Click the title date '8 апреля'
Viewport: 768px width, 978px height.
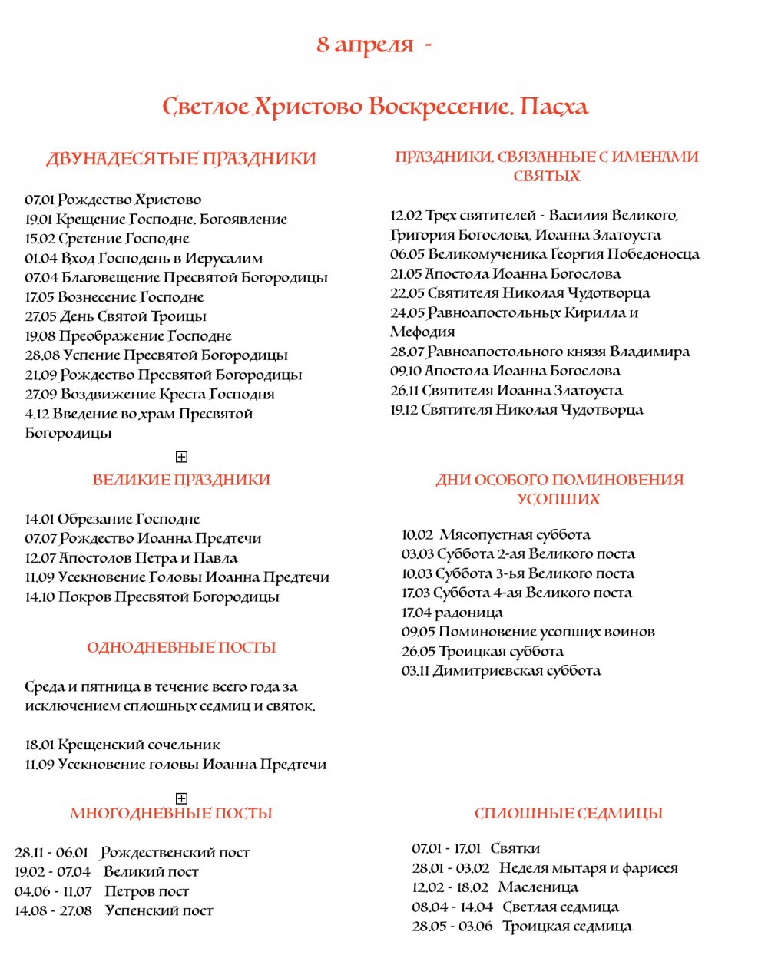365,45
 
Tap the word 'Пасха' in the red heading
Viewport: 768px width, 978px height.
554,106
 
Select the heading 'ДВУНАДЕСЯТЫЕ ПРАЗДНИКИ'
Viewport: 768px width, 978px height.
181,159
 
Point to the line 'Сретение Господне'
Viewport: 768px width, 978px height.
124,239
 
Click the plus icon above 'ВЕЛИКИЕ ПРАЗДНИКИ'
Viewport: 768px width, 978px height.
181,457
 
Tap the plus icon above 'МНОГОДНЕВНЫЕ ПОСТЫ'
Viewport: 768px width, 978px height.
181,798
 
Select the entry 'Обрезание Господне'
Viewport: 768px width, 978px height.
128,520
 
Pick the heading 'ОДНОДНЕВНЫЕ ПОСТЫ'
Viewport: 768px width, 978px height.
181,648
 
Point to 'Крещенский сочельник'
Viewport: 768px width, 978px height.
139,745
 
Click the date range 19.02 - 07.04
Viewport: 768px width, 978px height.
52,872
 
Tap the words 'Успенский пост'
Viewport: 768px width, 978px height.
159,911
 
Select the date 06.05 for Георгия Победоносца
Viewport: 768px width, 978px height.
406,254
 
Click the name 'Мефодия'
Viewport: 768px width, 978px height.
422,332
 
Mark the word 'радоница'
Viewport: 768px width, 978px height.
469,613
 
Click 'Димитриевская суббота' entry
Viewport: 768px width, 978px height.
517,671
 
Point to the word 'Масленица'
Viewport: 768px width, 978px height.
538,887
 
